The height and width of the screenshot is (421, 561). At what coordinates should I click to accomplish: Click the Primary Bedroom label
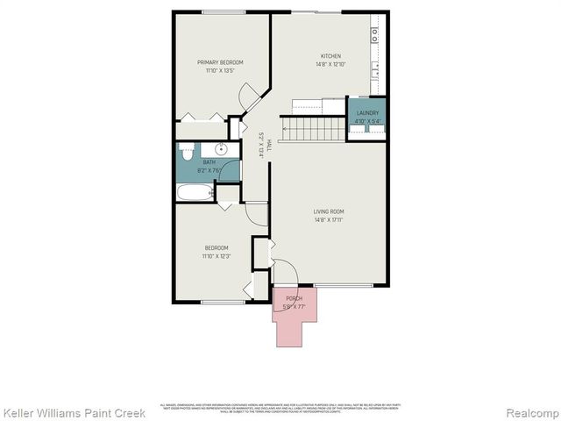[x=219, y=62]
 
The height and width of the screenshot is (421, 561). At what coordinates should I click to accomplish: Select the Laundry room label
[x=368, y=113]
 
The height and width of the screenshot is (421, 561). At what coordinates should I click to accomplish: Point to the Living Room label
[x=329, y=211]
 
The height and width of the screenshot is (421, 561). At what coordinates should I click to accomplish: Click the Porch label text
[x=294, y=299]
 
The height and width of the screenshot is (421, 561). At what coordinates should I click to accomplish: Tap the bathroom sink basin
[x=223, y=149]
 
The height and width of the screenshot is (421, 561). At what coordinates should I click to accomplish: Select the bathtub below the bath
[x=195, y=192]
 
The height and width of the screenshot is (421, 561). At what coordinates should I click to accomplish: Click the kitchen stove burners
[x=375, y=35]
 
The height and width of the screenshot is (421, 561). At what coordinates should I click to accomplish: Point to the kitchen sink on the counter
[x=375, y=70]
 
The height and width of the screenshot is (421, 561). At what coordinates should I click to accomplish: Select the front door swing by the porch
[x=285, y=272]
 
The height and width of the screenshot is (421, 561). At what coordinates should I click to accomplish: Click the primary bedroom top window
[x=223, y=11]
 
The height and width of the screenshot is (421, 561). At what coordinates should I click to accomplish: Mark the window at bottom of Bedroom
[x=223, y=303]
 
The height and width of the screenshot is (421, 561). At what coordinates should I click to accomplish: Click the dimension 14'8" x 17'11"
[x=329, y=220]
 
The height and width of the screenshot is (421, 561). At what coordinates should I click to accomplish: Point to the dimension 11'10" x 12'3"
[x=216, y=256]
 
